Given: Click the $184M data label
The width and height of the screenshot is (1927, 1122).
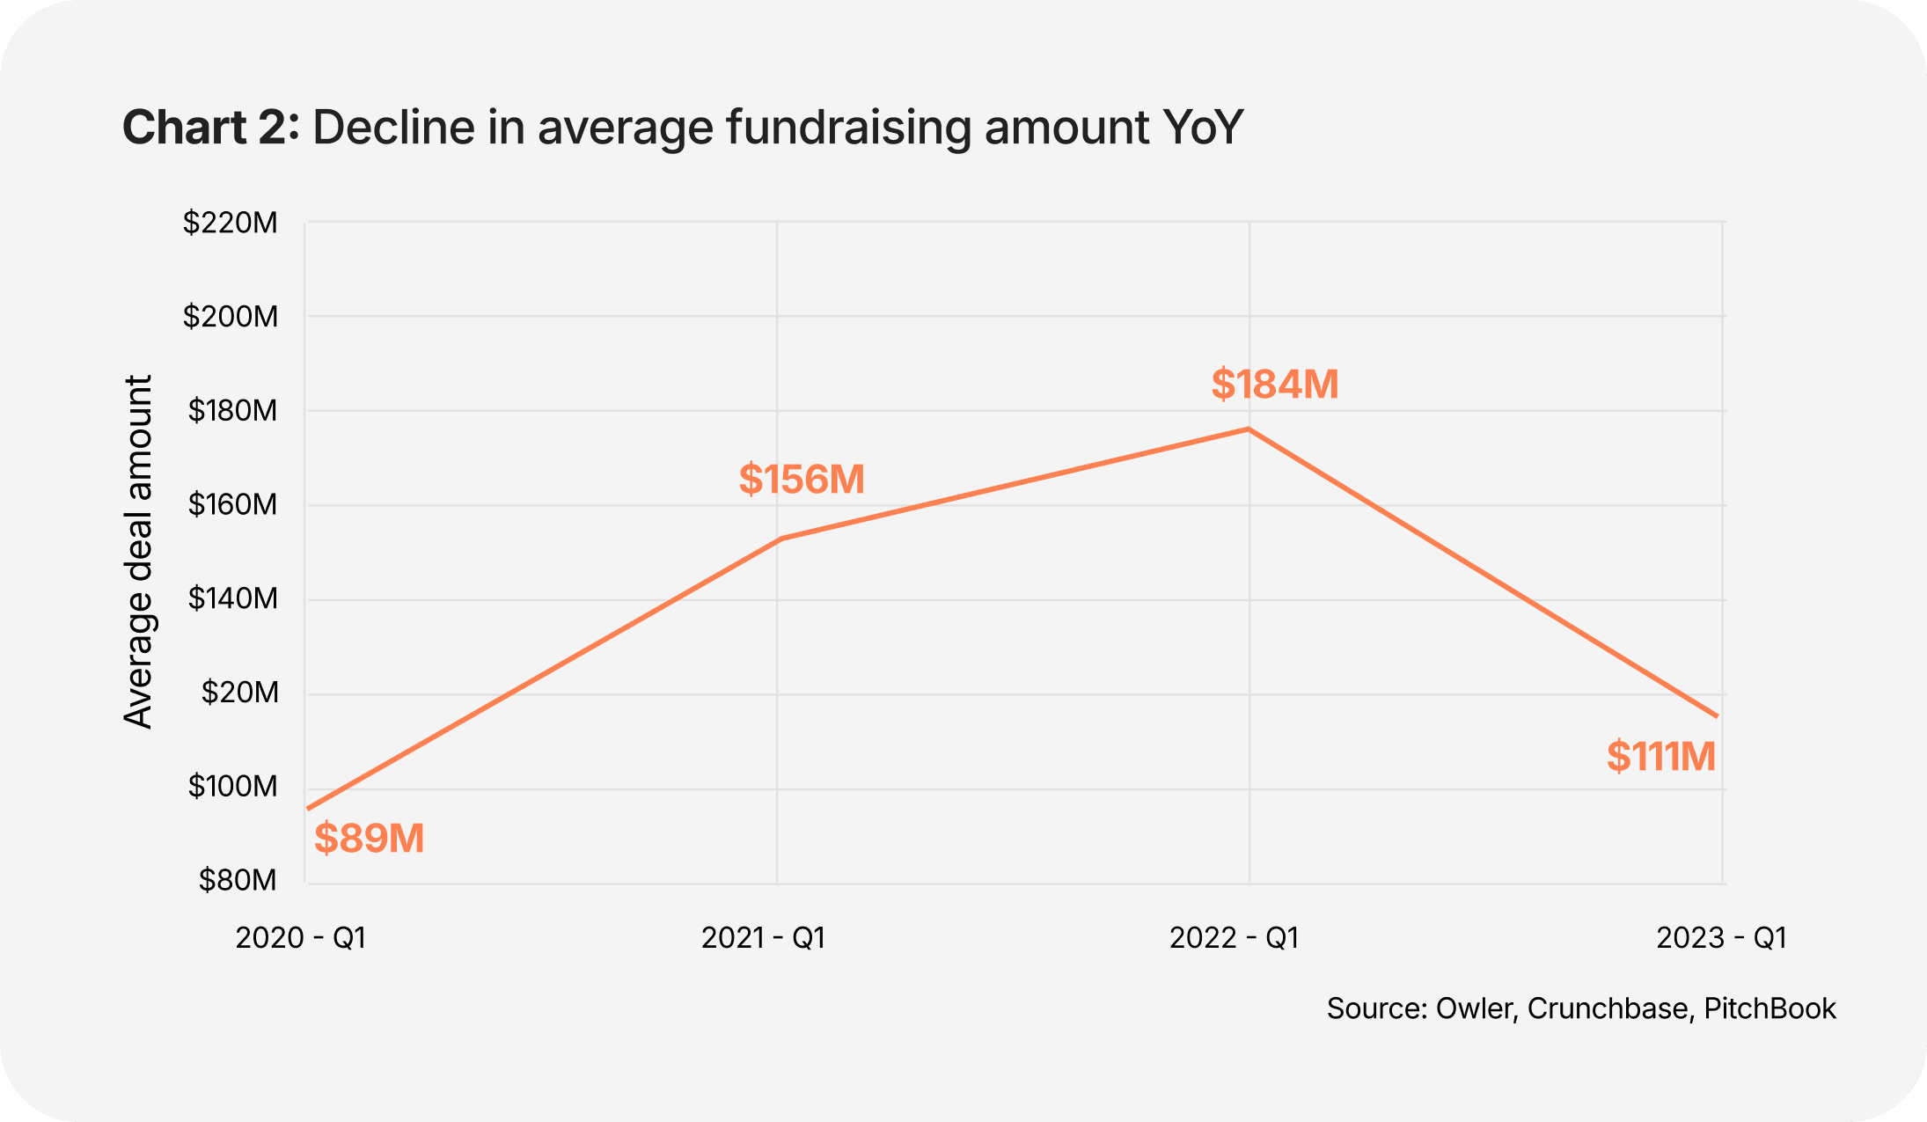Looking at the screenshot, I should point(1274,385).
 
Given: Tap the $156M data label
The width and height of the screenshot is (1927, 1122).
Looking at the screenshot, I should point(802,480).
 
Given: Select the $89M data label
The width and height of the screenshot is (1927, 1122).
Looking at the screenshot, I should point(369,838).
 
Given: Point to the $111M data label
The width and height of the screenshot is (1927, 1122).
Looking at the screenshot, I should point(1660,757).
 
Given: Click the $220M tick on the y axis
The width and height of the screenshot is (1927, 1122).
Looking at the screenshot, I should point(230,224).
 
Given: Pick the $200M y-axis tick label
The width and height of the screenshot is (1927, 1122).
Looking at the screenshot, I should point(230,317).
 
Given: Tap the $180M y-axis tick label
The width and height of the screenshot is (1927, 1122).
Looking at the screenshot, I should point(231,411).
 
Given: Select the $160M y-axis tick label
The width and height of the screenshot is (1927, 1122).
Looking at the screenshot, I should point(231,505).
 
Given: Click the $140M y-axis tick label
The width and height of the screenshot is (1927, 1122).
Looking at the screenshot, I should point(231,599).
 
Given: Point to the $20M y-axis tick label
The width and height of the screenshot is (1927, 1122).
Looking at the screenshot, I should point(239,693).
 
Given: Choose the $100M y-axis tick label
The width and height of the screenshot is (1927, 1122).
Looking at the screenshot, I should point(231,787).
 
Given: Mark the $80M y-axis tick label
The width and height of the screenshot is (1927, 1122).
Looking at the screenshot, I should point(237,880).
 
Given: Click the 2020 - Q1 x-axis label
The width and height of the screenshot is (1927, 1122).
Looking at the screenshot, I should point(300,938).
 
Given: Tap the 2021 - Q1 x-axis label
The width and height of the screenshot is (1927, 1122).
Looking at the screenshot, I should point(763,938).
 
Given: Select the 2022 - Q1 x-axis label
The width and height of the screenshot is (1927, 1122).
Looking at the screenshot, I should point(1234,938).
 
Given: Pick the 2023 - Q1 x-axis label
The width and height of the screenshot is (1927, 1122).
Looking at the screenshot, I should point(1721,938).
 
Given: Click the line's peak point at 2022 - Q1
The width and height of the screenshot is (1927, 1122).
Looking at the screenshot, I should point(1249,429).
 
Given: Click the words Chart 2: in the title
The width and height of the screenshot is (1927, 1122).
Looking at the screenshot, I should point(210,128).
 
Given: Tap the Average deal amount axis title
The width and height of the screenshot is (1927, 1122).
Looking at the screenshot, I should point(138,552).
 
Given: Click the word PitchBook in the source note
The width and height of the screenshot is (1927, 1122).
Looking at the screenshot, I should point(1769,1008).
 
